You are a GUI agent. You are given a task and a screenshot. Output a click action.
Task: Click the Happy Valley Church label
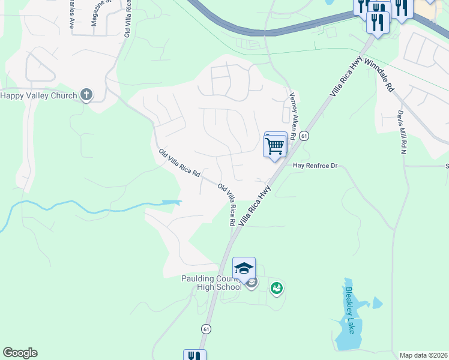(38, 95)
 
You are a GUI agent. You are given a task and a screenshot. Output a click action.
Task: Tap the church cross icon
(86, 95)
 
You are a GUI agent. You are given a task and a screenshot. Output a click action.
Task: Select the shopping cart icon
(275, 145)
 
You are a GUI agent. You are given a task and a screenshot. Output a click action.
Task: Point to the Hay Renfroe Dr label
(316, 165)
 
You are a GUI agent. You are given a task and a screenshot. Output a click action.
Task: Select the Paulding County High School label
(211, 283)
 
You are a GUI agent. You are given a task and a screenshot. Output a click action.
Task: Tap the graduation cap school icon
(244, 269)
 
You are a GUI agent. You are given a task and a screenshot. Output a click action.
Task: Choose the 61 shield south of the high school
(206, 329)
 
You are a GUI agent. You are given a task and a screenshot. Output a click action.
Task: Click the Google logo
(20, 353)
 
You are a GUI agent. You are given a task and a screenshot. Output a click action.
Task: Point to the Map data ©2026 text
(423, 355)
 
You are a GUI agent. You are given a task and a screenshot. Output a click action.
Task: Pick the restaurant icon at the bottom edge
(194, 355)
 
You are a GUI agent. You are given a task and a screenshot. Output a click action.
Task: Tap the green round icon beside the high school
(276, 289)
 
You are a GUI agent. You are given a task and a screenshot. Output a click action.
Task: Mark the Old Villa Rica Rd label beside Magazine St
(128, 18)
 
